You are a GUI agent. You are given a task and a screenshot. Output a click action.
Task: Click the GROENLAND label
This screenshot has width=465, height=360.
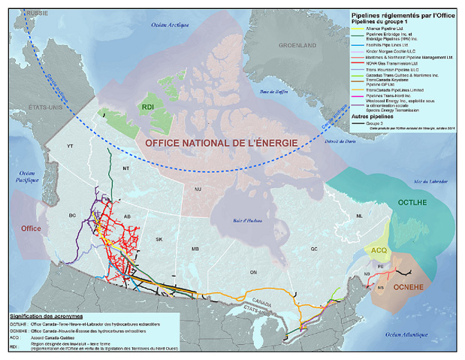[x=297, y=45]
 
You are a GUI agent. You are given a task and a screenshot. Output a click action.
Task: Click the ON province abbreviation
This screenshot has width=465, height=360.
[x=243, y=273]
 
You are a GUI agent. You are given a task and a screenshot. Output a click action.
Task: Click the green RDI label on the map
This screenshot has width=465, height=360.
[x=148, y=108]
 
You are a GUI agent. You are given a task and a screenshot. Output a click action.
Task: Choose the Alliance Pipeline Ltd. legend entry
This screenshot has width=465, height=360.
[x=391, y=28]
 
